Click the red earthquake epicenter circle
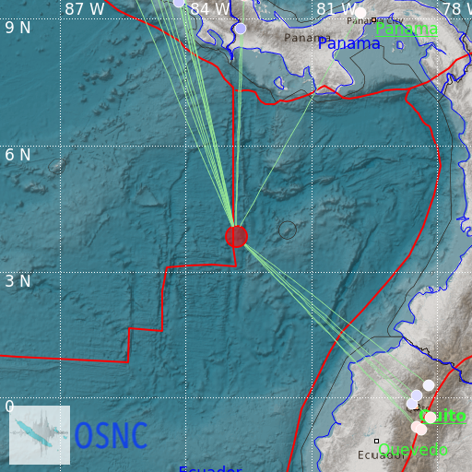coord(236,236)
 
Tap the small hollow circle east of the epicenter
coord(288,230)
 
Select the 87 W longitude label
coord(85,9)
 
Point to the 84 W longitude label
coord(210,9)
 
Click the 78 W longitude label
coord(456,9)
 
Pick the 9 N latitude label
coord(18,28)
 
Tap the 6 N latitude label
coord(18,154)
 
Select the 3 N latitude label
coord(18,280)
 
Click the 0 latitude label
coord(10,407)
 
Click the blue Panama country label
coord(348,43)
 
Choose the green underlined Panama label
coord(407,29)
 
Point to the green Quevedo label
coord(414,449)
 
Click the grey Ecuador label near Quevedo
coord(382,455)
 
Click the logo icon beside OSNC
coord(40,434)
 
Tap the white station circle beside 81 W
coord(360,12)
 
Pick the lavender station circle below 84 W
coord(241,29)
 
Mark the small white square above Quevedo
coord(377,441)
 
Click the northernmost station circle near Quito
coord(429,385)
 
